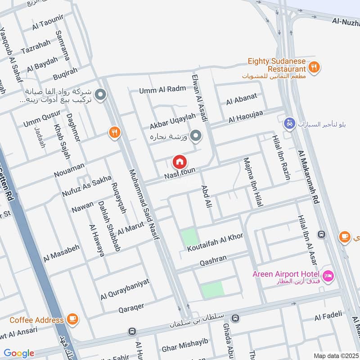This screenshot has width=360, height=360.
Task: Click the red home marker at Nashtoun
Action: [x=180, y=162]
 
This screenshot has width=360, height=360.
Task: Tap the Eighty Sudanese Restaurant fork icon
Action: [x=314, y=67]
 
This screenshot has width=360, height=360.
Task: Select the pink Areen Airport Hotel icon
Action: [x=328, y=274]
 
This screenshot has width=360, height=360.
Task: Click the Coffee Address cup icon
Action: [x=72, y=319]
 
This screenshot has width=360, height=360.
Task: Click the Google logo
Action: [x=18, y=353]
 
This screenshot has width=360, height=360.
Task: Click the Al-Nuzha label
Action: [x=346, y=21]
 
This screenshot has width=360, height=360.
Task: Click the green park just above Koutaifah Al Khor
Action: [x=189, y=237]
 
